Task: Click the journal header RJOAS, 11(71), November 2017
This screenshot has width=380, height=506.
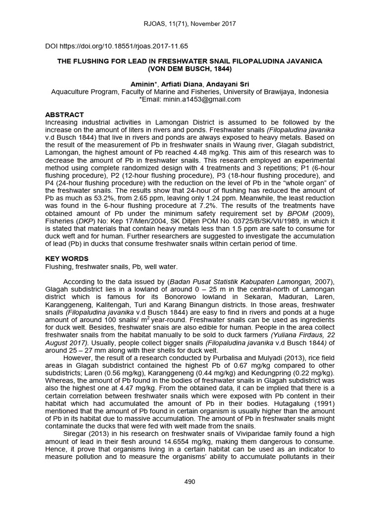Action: [x=190, y=23]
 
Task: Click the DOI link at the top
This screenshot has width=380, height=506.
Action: [x=116, y=46]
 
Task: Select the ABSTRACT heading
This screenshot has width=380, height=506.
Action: [x=64, y=115]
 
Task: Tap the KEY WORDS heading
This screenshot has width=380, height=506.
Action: [x=67, y=259]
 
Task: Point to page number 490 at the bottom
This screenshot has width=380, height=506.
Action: [x=190, y=482]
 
